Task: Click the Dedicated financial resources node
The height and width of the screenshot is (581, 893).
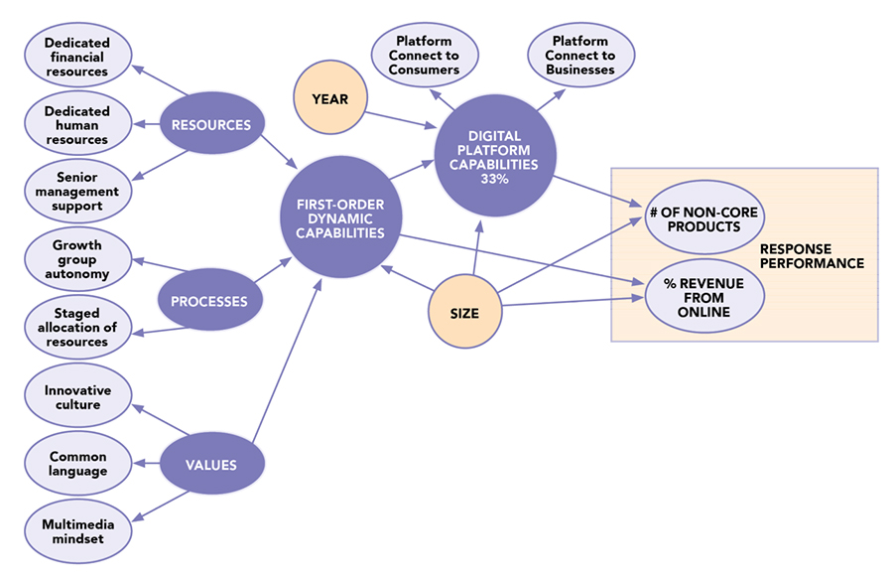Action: (77, 57)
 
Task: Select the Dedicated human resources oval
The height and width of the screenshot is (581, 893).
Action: (77, 125)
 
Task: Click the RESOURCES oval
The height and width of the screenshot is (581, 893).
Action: (210, 125)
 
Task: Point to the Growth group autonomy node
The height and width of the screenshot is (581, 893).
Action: (77, 258)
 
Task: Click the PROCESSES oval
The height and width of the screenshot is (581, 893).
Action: (209, 299)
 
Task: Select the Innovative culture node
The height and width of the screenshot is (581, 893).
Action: (77, 397)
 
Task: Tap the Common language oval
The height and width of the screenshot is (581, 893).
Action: (77, 464)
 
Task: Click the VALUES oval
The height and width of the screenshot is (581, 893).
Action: (210, 464)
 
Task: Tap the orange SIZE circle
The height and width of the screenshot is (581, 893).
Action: (464, 313)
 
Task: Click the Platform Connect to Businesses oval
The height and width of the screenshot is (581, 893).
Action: (580, 56)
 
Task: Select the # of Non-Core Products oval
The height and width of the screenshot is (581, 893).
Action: (706, 218)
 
